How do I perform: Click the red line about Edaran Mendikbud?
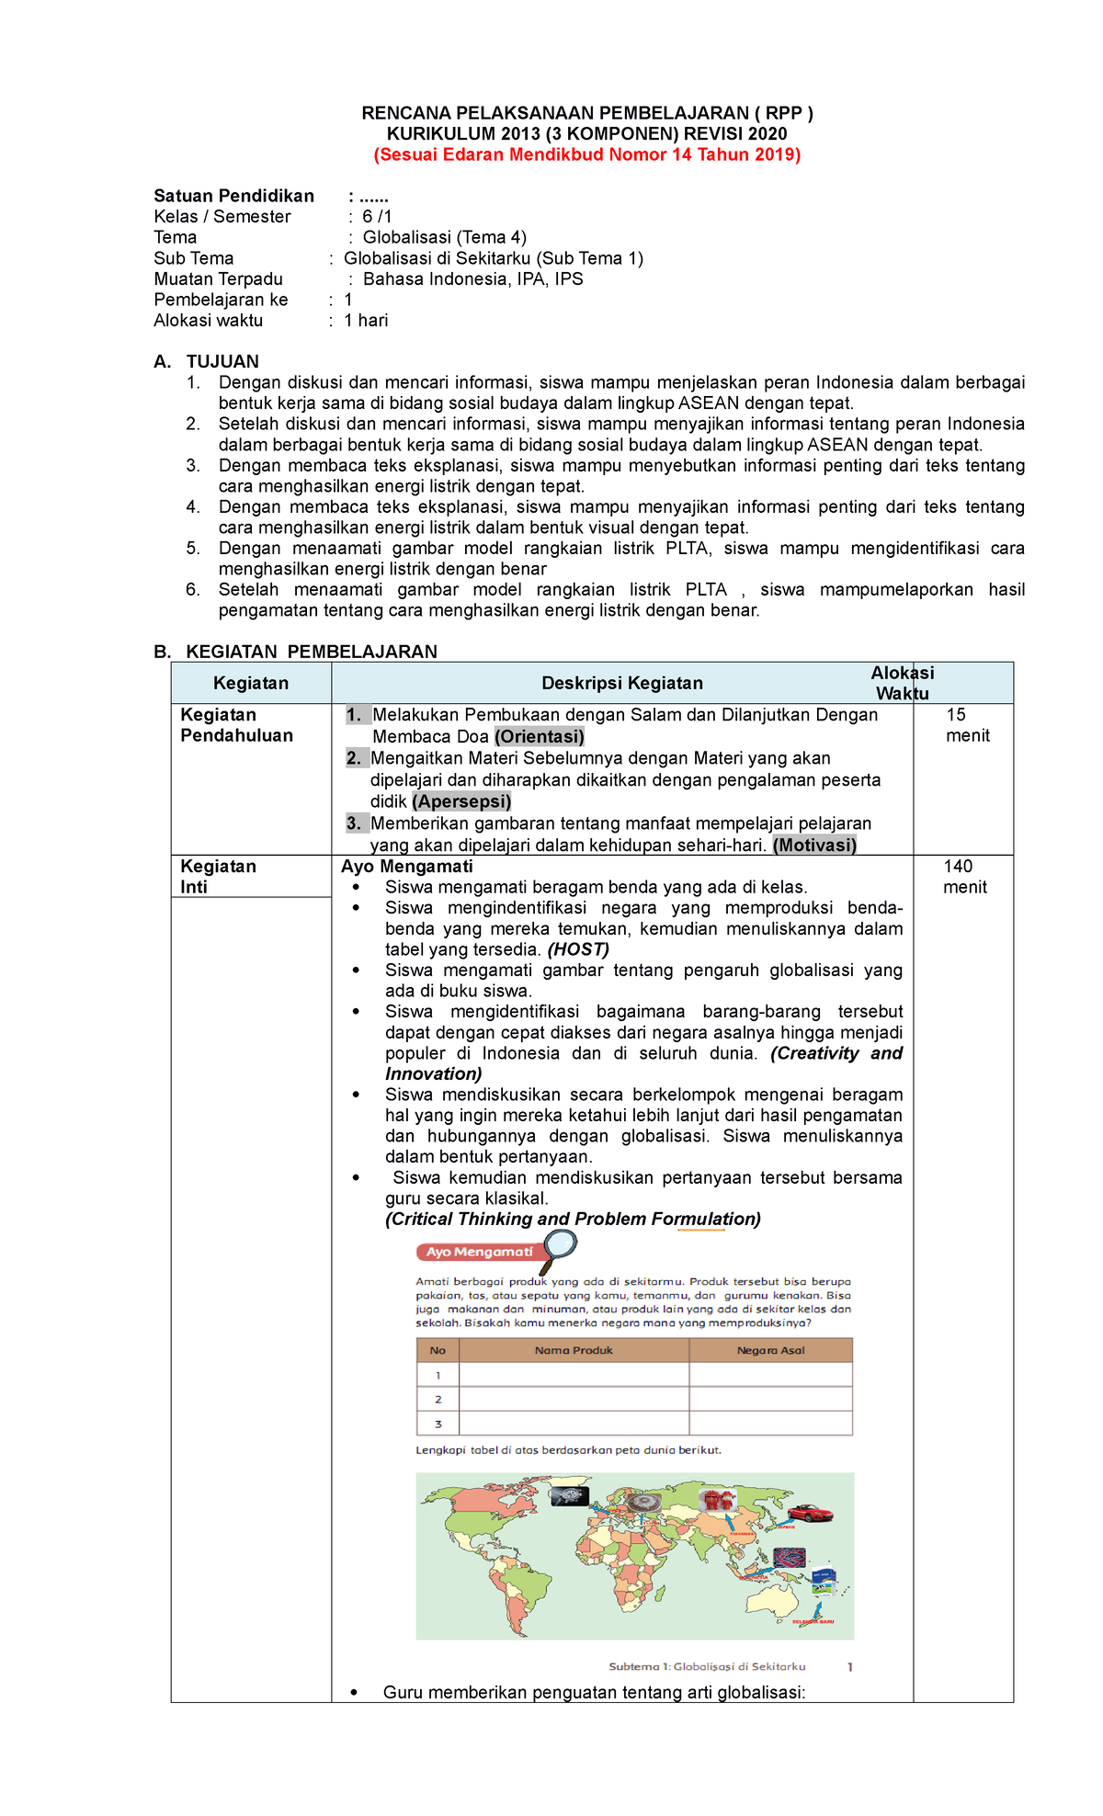(x=586, y=154)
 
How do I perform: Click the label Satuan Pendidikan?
(x=233, y=196)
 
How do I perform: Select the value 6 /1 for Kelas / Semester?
(x=377, y=217)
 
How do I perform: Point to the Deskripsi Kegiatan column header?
(x=621, y=683)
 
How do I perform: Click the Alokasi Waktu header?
(x=902, y=683)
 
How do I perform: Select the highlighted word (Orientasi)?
(x=540, y=736)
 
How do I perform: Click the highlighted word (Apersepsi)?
(x=461, y=801)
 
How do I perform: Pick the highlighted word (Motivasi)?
(x=814, y=845)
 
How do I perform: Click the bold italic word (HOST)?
(x=578, y=949)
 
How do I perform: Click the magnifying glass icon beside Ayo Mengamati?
(x=560, y=1247)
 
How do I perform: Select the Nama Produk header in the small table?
(x=574, y=1350)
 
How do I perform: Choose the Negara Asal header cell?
(x=770, y=1350)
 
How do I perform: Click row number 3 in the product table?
(x=438, y=1424)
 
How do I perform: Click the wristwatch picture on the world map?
(x=570, y=1496)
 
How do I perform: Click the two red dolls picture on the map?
(x=718, y=1501)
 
